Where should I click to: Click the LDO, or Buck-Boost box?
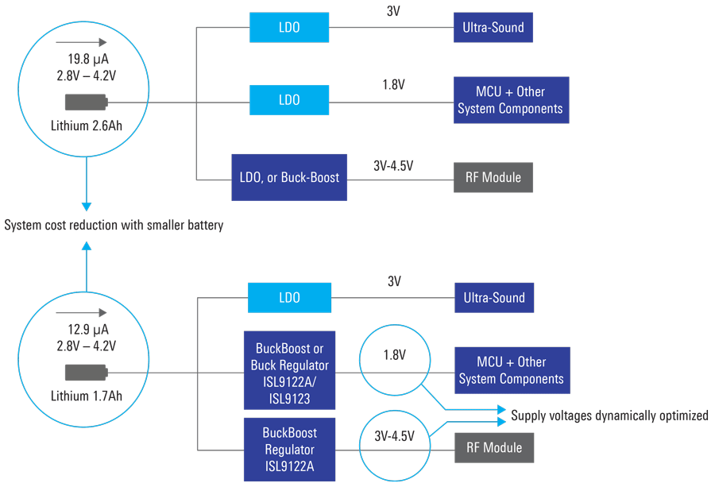(289, 177)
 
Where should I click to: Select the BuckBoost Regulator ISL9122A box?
(289, 449)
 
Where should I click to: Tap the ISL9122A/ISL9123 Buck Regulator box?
(289, 374)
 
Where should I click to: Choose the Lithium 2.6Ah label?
(87, 126)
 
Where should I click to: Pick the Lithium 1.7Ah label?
(87, 395)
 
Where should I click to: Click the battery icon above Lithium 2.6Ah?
(86, 102)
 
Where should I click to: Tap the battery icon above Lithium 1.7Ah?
(86, 372)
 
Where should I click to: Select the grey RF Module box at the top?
(493, 177)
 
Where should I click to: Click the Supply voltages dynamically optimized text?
(609, 415)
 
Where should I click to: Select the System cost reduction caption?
(114, 225)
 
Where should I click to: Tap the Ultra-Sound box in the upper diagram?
(493, 28)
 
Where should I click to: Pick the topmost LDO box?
(289, 28)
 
